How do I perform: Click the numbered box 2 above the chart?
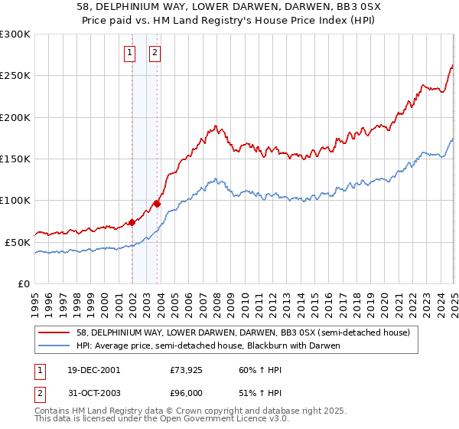click(x=155, y=53)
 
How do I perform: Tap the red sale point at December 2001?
click(x=132, y=222)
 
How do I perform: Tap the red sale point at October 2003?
click(x=157, y=204)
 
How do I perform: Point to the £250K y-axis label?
click(x=15, y=76)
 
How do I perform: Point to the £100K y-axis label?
click(x=15, y=201)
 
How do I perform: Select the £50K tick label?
click(x=18, y=242)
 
